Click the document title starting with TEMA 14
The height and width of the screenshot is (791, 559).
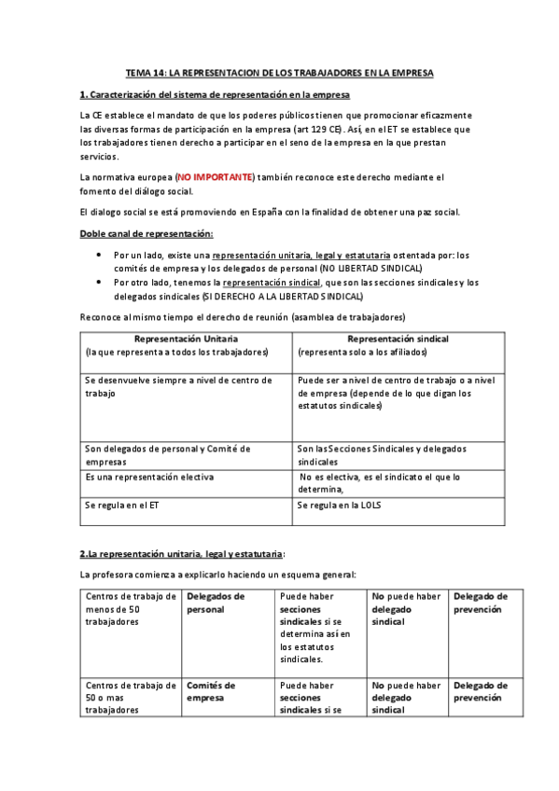[x=280, y=72]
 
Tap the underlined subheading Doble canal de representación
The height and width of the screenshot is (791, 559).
[x=146, y=232]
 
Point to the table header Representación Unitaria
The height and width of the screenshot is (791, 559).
[x=186, y=339]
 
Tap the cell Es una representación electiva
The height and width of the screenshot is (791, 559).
[x=148, y=477]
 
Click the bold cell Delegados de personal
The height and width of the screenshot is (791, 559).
[x=216, y=602]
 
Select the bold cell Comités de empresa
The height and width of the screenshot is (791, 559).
[x=210, y=691]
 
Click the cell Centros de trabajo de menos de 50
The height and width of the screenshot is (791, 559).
[x=129, y=608]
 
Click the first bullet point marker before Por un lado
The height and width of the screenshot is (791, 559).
[x=100, y=255]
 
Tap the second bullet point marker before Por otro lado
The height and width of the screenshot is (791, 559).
[x=100, y=282]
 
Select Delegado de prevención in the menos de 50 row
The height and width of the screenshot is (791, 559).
[x=480, y=602]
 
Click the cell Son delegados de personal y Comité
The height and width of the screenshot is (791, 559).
[x=167, y=454]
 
